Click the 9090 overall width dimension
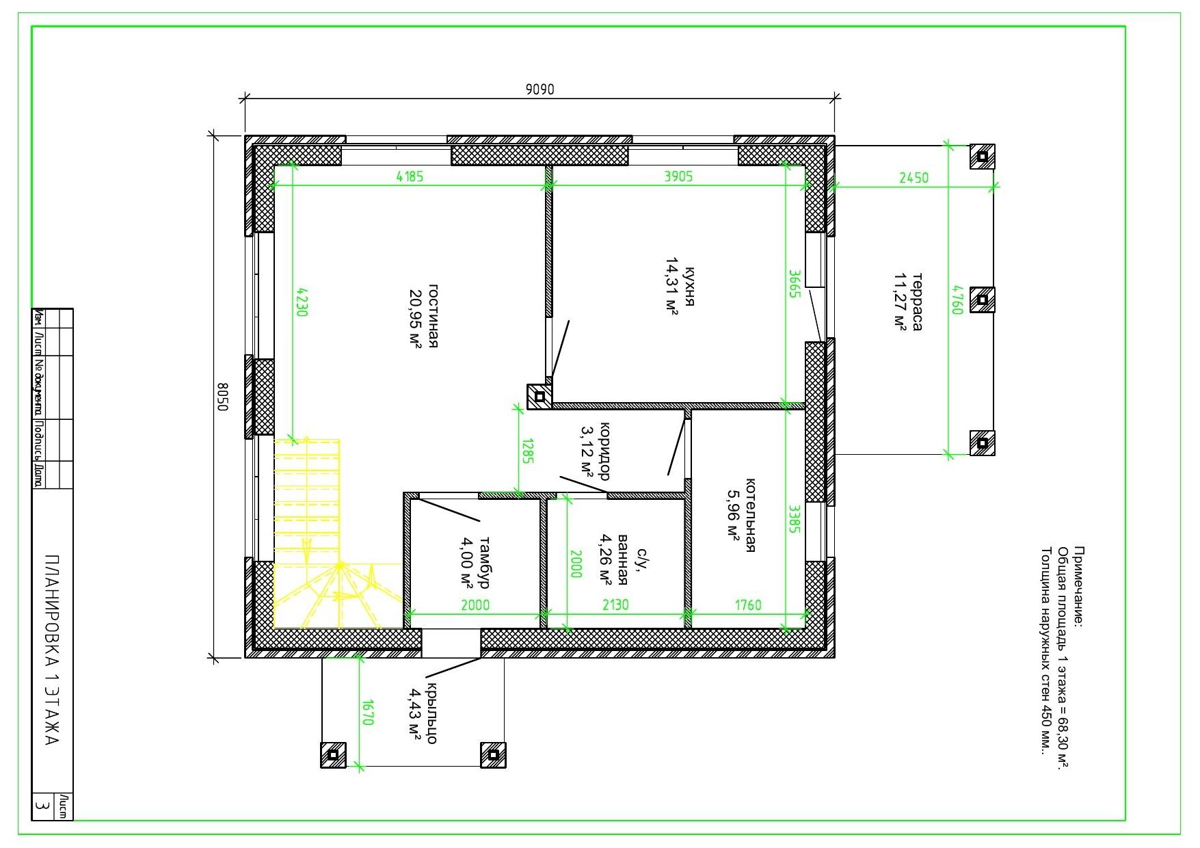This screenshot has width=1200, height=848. pos(539,90)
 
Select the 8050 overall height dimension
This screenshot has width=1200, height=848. pos(222,397)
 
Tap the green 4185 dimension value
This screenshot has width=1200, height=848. pos(410,176)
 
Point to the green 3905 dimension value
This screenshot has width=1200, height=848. pos(678,176)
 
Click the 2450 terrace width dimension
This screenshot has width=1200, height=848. pos(914,178)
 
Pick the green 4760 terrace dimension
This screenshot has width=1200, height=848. pos(957,300)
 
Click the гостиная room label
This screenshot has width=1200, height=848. pos(433,315)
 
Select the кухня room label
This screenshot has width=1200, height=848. pos(689,287)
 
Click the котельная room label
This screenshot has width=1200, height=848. pos(750,515)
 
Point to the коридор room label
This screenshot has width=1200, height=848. pos(604,451)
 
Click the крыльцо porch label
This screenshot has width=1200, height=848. pos(432,713)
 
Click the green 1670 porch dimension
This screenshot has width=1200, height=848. pos(368,712)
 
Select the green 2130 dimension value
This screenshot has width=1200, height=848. pos(615,605)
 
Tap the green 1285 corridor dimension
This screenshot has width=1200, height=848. pos(527,451)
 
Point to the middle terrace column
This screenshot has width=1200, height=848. pos(982,300)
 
